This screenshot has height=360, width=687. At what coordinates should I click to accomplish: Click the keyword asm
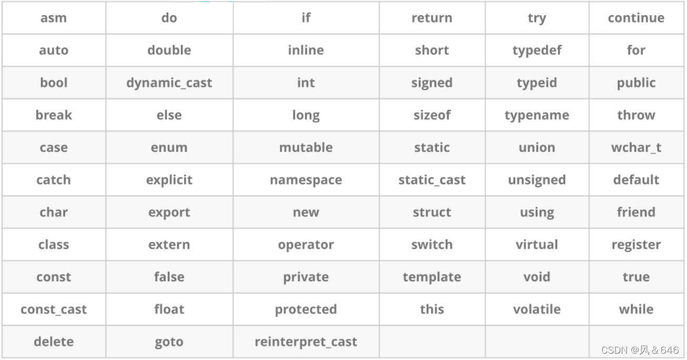click(54, 18)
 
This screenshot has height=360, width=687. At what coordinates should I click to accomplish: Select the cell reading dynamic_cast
click(169, 83)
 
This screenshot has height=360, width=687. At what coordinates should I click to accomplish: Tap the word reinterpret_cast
click(306, 342)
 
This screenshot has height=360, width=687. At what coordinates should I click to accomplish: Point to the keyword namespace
click(306, 180)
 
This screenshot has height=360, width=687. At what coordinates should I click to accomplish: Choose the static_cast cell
click(432, 180)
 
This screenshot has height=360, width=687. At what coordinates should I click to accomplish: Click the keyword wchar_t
click(636, 148)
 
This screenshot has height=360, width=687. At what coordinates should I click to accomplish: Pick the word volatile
click(537, 310)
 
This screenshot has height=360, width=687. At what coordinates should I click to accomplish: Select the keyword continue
click(636, 18)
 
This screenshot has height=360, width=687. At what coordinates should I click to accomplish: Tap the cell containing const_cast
click(54, 310)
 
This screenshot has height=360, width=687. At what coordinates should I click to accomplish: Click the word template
click(432, 277)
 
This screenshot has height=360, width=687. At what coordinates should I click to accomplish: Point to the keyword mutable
click(306, 148)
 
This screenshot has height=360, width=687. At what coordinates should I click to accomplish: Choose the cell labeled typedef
click(537, 50)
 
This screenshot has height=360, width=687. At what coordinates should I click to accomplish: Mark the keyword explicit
click(169, 180)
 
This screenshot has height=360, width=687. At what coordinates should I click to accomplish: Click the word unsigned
click(537, 180)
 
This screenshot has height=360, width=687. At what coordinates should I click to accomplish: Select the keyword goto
click(169, 342)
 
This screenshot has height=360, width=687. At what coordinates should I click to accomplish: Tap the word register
click(636, 245)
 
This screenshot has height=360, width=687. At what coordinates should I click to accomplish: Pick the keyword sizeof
click(432, 115)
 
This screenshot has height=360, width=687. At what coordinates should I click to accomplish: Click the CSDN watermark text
click(640, 350)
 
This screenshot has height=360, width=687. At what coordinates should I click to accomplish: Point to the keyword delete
click(54, 342)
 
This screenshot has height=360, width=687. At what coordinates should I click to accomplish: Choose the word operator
click(306, 245)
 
